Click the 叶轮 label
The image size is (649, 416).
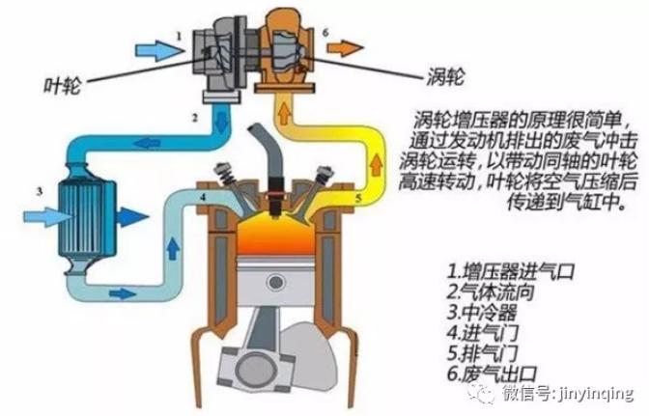(62, 86)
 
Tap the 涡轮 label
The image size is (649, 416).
(446, 76)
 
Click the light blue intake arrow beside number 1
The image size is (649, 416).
(159, 51)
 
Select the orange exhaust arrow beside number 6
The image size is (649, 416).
(345, 48)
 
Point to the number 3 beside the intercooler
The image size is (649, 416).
(40, 191)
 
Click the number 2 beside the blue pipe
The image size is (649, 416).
(194, 118)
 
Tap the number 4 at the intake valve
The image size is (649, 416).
(203, 197)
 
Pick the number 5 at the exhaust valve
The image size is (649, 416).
(358, 198)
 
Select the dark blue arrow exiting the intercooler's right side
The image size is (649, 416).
(132, 216)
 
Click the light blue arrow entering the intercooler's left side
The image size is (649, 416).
(48, 217)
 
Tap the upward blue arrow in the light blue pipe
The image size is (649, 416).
(173, 248)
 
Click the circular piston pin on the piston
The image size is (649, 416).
(275, 282)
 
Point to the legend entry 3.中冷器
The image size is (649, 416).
(481, 312)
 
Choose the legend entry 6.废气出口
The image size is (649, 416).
(492, 374)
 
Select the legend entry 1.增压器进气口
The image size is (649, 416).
(511, 271)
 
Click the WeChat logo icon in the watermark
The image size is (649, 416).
(481, 393)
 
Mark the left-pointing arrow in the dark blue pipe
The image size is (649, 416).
(146, 143)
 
